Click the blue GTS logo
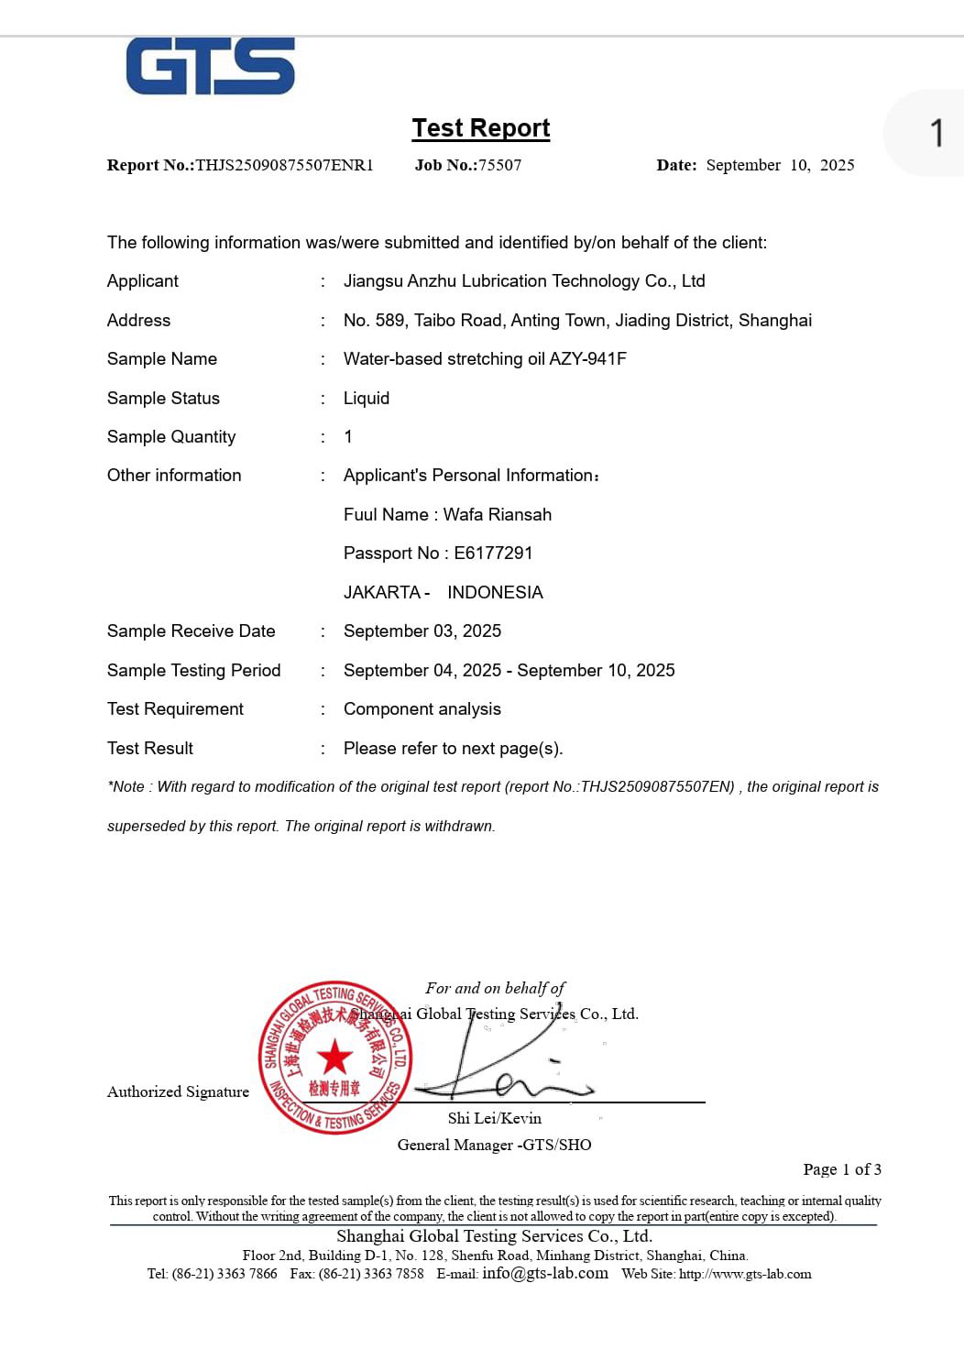(210, 66)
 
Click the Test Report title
(481, 128)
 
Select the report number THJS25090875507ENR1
(284, 165)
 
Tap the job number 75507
(499, 165)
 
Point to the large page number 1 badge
(936, 133)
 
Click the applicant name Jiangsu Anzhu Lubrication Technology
(524, 281)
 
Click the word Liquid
(367, 399)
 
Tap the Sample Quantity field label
(171, 437)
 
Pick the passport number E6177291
(493, 554)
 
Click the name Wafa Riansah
(498, 515)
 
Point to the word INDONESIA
(495, 593)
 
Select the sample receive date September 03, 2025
(422, 631)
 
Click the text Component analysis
(422, 709)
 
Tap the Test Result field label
(150, 749)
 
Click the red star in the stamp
(335, 1057)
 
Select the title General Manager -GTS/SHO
(494, 1145)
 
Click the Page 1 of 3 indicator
(842, 1169)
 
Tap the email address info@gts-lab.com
(545, 1273)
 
